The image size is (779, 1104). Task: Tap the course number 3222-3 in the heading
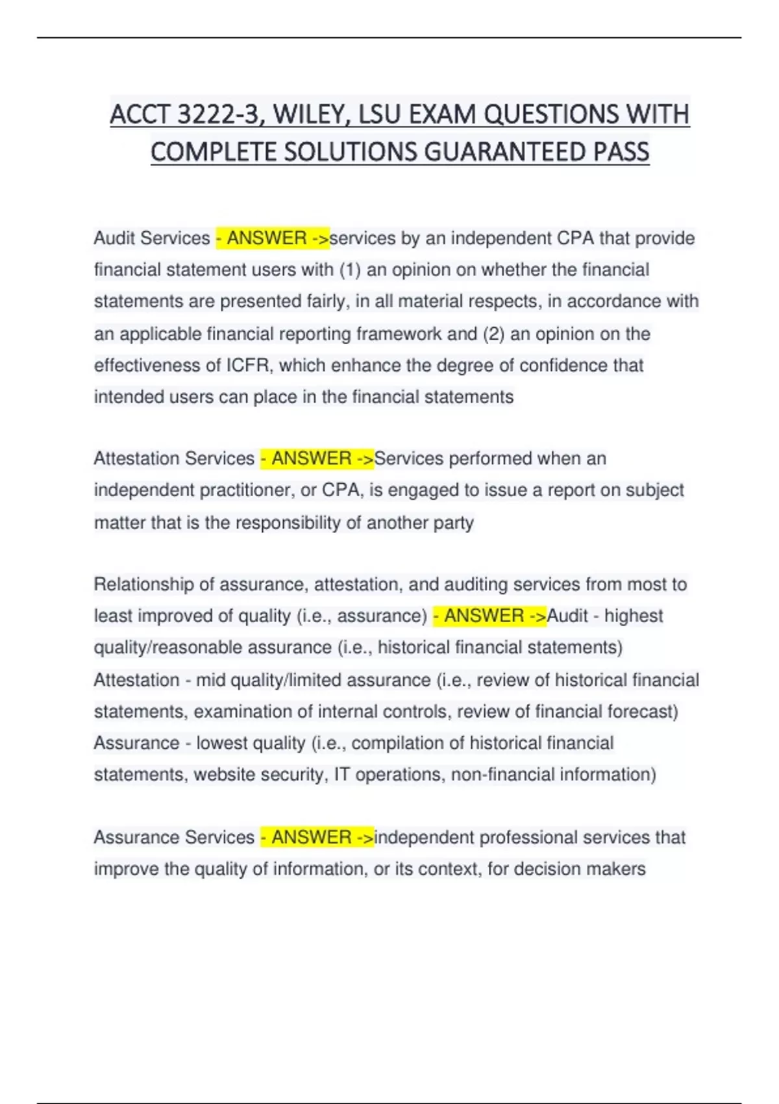tap(219, 114)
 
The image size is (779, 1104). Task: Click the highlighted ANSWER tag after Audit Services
tap(272, 238)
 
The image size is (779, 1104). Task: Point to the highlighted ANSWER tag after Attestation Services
tap(317, 458)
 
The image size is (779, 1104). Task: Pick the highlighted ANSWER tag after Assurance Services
tap(317, 837)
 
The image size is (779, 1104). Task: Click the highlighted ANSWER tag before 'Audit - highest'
tap(489, 616)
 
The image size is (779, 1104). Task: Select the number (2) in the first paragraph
tap(493, 334)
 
